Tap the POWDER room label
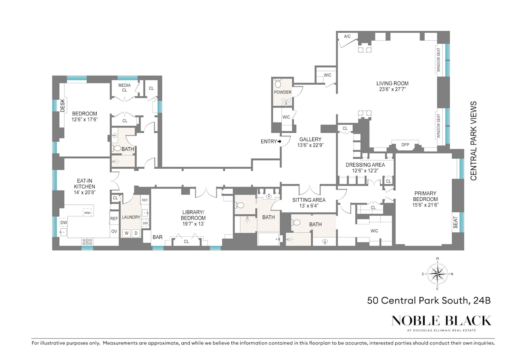(282, 92)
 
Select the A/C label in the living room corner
(347, 37)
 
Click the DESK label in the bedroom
(62, 106)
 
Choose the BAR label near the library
(157, 237)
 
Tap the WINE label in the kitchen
(87, 213)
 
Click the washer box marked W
(126, 233)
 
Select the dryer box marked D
(136, 233)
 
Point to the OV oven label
(114, 232)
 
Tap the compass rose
(437, 274)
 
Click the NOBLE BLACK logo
(441, 321)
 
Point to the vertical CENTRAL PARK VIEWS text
(474, 141)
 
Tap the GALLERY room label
(310, 139)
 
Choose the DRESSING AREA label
(365, 165)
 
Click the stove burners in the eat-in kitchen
(87, 241)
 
